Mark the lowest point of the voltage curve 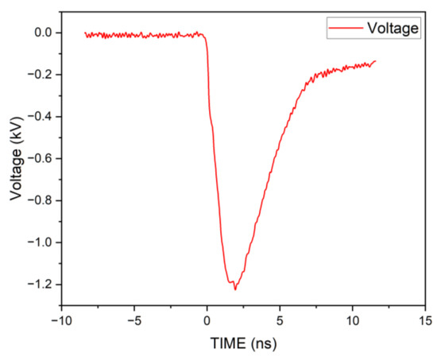tap(234, 289)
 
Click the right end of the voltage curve tap(375, 60)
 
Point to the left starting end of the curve tap(85, 34)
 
